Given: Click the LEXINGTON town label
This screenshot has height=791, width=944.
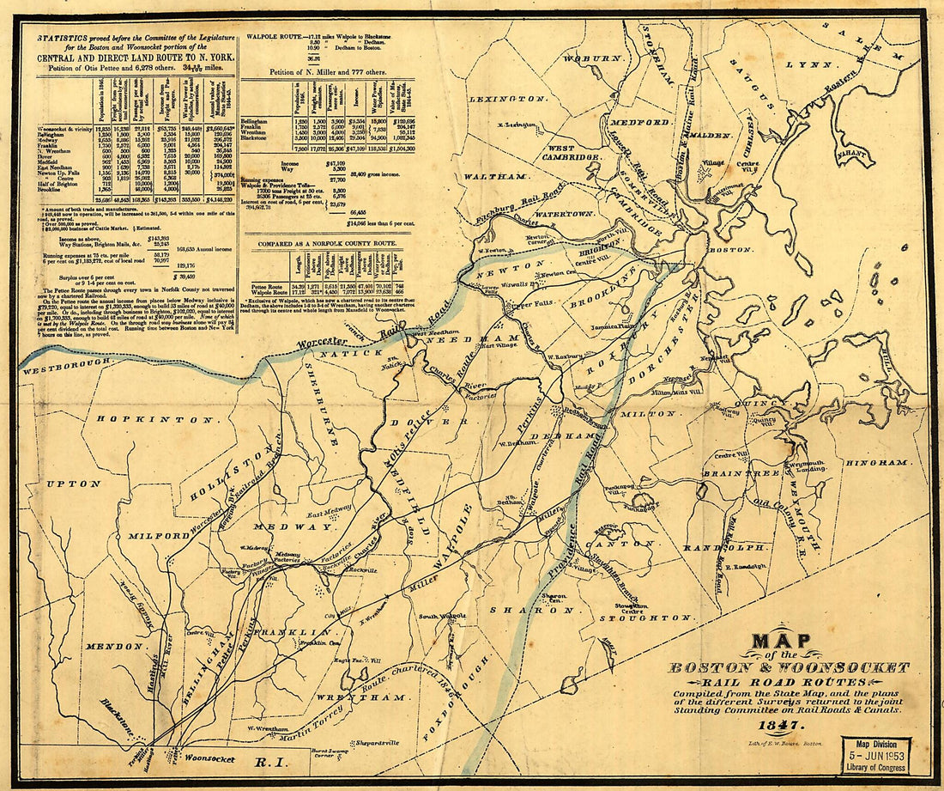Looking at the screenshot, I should (x=509, y=100).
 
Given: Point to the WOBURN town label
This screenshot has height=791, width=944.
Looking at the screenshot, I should (x=592, y=58).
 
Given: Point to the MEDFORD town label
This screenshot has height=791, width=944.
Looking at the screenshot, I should (x=642, y=122).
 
